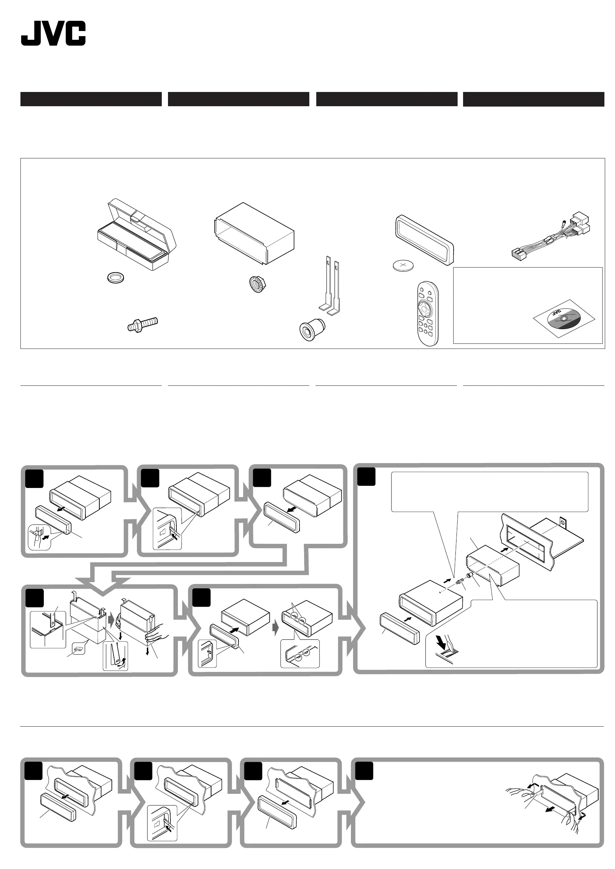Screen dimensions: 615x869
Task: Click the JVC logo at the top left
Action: pos(53,33)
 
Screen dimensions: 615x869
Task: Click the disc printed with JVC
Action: pos(564,319)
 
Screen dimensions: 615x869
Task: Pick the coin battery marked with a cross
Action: pos(403,265)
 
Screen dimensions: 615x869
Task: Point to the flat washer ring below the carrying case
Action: pos(116,278)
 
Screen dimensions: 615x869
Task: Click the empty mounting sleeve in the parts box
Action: pos(255,233)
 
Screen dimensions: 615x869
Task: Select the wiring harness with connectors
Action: pos(551,237)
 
